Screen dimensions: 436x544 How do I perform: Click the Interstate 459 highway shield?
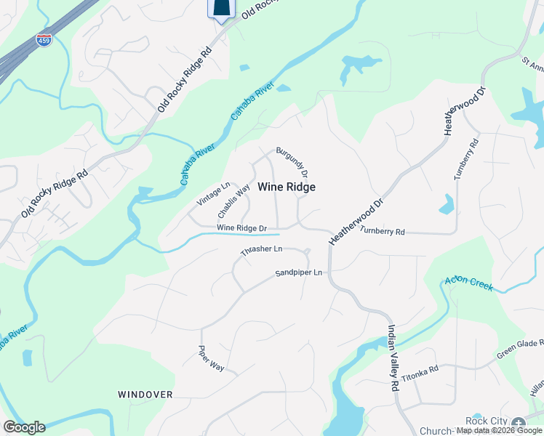(44, 40)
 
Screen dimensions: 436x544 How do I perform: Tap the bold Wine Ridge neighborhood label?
(287, 187)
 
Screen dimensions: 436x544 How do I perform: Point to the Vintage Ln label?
(214, 193)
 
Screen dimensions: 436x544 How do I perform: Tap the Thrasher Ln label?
(262, 251)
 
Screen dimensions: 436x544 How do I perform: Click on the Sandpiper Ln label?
(298, 273)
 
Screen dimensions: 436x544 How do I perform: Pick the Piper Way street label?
(212, 358)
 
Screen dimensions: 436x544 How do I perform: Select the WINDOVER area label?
(145, 394)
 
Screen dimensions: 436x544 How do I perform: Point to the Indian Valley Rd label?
(393, 358)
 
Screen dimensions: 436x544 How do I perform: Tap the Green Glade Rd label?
(521, 348)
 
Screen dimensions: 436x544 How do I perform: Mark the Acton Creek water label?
(468, 283)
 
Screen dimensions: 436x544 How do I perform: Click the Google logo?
(24, 427)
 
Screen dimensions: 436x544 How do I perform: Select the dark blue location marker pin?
(223, 9)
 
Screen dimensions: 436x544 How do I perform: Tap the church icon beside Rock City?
(518, 423)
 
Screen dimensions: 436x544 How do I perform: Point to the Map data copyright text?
(500, 431)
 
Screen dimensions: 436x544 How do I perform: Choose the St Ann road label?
(532, 65)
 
